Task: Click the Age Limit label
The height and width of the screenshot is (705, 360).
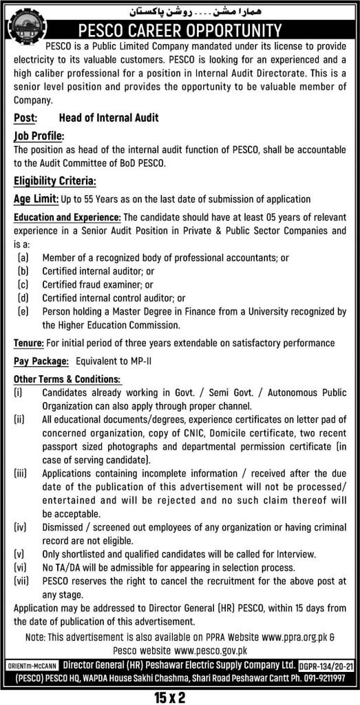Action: (36, 200)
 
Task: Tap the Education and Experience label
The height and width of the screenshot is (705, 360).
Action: (67, 217)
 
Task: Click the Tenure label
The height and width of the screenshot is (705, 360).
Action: (30, 342)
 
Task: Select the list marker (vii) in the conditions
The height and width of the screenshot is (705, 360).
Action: (22, 580)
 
